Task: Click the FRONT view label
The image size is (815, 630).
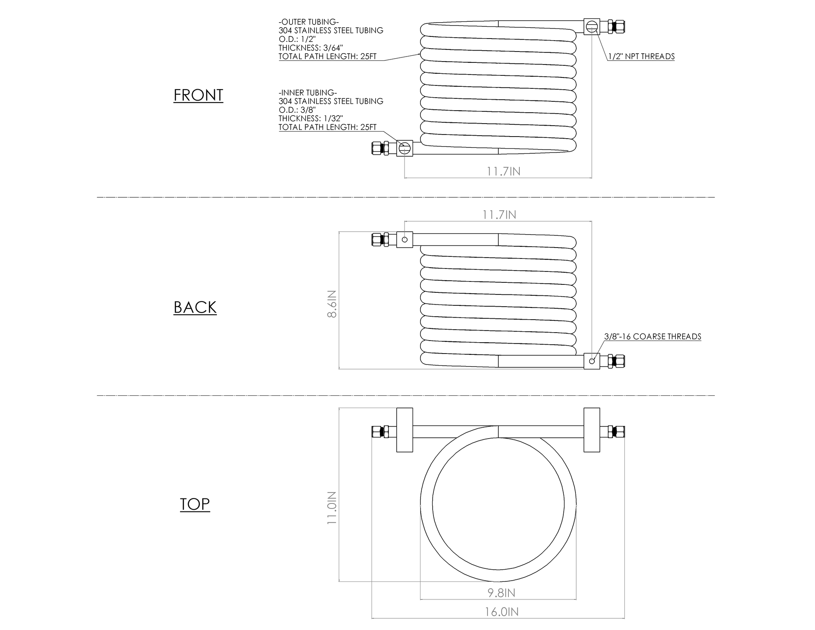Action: point(198,95)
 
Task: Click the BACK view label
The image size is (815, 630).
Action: point(195,307)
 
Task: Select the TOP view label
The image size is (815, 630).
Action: point(195,504)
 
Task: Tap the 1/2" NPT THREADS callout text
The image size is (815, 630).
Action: point(641,57)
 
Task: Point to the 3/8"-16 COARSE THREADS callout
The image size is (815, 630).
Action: point(653,337)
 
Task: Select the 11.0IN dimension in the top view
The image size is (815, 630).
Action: point(332,508)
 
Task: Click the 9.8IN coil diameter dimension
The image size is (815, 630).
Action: point(501,593)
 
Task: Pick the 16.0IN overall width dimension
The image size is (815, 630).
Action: point(502,612)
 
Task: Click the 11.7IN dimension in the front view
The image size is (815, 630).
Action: point(503,171)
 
